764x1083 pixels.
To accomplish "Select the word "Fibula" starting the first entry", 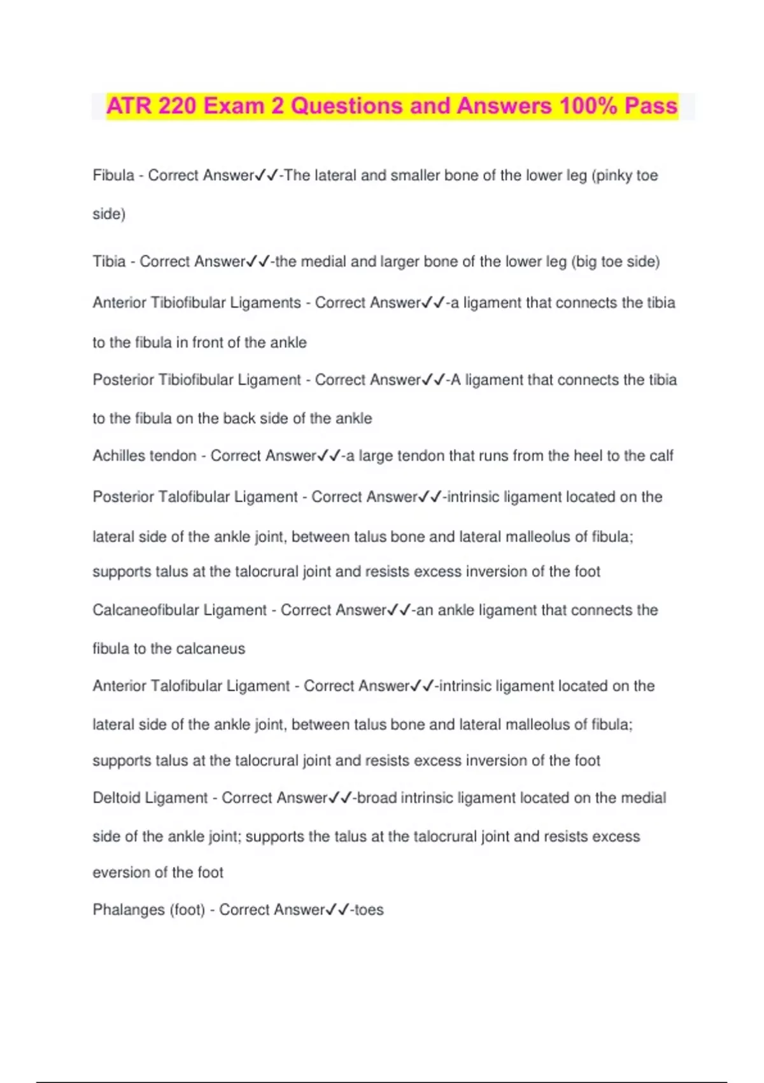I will pos(113,175).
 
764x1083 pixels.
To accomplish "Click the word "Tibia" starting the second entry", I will pos(109,262).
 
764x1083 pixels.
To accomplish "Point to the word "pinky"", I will pos(616,175).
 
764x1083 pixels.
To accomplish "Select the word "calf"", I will pos(661,456).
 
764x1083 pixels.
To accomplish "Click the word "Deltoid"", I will pos(118,798).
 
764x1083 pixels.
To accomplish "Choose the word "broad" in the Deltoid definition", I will pos(377,798).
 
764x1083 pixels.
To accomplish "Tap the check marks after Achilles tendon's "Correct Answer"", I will pos(329,456).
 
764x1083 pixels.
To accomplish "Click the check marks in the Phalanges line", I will pos(337,910).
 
